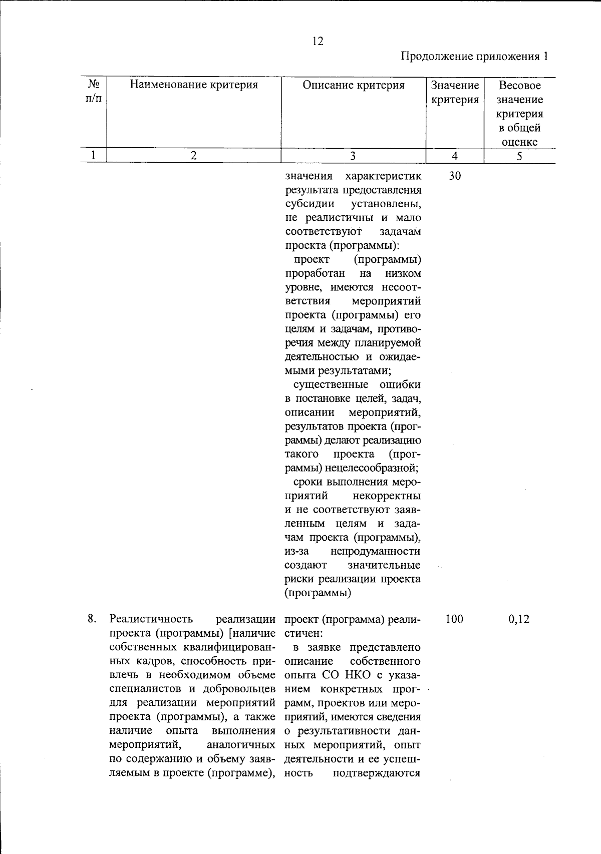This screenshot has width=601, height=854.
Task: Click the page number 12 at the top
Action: coord(318,42)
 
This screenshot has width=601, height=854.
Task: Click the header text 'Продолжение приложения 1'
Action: coord(474,56)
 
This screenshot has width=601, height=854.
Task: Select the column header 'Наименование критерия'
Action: coord(194,85)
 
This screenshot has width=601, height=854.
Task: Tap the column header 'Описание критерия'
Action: coord(353,85)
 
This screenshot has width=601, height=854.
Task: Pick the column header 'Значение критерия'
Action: coord(455,92)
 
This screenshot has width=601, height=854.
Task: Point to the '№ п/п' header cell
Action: coord(94,91)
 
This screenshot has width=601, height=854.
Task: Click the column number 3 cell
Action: coord(353,156)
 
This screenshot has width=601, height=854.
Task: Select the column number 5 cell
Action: coord(519,156)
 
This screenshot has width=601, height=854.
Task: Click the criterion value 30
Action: coord(455,176)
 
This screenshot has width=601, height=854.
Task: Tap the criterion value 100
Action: coord(454,619)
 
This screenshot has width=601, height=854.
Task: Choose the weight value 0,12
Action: coord(519,619)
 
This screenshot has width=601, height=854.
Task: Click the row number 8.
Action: coord(92,619)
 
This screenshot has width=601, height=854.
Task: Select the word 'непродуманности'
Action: coord(375,552)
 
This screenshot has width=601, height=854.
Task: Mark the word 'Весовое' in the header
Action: coord(520,85)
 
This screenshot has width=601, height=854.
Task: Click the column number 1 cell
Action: coord(94,156)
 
